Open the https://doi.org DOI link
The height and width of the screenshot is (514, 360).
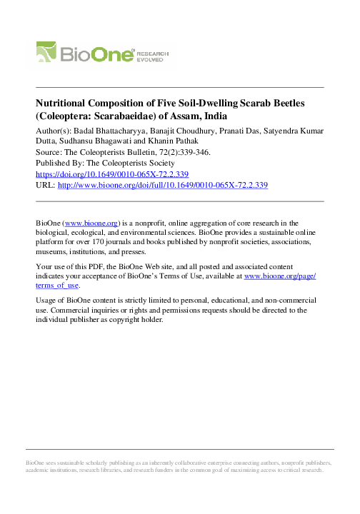[111, 174]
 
